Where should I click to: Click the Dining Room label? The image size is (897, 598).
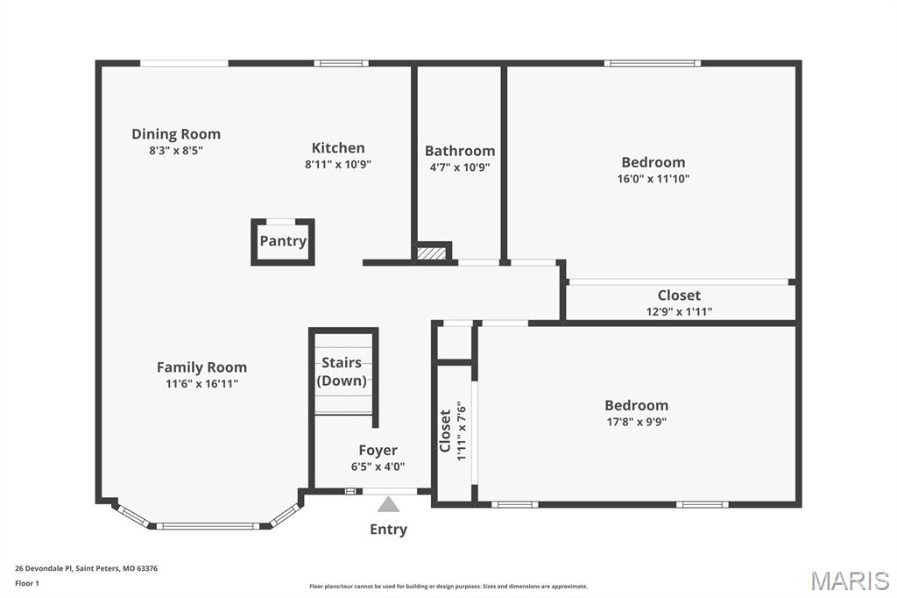coord(176,134)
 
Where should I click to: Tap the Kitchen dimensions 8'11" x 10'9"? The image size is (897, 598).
coord(338,164)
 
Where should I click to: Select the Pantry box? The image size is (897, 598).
coord(283,241)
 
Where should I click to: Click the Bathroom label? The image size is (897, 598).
coord(460,151)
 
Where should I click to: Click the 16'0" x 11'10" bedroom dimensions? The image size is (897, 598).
coord(653,179)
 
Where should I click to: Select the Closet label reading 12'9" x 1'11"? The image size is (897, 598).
coord(679,295)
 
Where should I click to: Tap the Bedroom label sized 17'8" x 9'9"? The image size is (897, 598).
coord(636,405)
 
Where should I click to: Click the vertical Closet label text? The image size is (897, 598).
coord(445,431)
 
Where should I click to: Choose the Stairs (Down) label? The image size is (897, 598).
coord(342,372)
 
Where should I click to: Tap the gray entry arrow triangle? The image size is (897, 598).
coord(388,504)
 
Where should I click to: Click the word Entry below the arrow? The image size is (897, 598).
coord(388,530)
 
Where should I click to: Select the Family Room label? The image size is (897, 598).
coord(201,367)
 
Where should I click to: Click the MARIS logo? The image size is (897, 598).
coord(849,580)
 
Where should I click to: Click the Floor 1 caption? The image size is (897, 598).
coord(26,582)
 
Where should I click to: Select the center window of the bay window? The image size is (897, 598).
coord(208,526)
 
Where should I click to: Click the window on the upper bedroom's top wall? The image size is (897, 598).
coord(652,63)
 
